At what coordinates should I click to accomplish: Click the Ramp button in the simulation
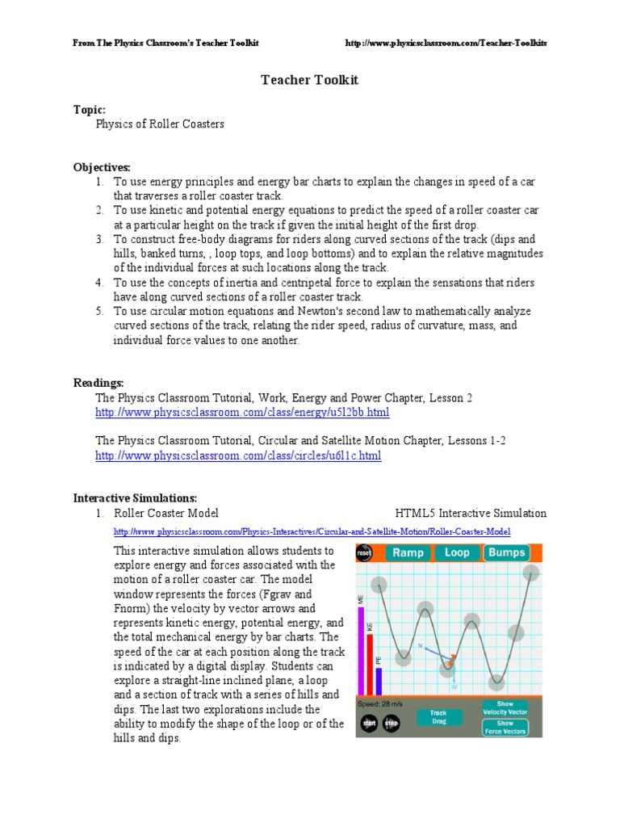coord(408,553)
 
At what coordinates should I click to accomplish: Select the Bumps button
coord(506,553)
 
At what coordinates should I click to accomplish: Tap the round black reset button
coord(364,553)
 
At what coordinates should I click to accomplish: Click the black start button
coord(369,724)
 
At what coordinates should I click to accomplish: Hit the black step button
coord(391,724)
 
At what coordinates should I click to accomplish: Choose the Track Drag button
coord(438,717)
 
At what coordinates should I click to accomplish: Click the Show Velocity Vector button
coord(505,707)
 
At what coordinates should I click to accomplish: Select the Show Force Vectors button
coord(505,727)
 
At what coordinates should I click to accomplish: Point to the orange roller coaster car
coord(453,660)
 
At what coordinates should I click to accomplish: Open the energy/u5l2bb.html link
coord(242,413)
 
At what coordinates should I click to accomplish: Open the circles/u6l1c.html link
coord(238,456)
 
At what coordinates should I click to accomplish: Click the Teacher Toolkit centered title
coord(309,80)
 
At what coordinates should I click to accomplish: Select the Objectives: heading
coord(103,167)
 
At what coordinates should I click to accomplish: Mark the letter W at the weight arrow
coord(455,687)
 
